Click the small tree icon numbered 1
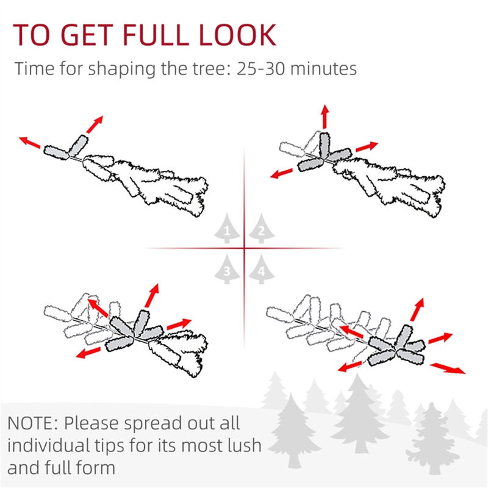coord(227,231)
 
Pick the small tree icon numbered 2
coord(261,231)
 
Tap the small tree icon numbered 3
coord(227,270)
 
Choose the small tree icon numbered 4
coord(261,270)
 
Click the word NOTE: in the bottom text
coord(32,423)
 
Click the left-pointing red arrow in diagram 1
coord(29,143)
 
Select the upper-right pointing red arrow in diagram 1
coord(94,124)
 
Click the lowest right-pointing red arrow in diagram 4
coord(448,368)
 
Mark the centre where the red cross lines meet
coord(244,248)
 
